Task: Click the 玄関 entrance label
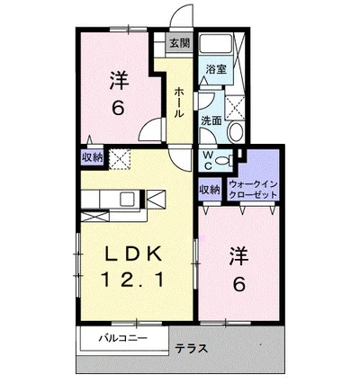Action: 180,43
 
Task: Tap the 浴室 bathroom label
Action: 216,69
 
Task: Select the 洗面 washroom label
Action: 211,120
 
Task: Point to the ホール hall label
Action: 179,102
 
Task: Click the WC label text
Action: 209,161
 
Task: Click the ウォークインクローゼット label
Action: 253,190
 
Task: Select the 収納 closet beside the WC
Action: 210,190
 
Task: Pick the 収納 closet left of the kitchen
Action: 93,157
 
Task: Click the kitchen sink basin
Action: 127,199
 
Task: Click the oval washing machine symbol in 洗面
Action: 236,131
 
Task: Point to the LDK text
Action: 133,254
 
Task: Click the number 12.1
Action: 133,280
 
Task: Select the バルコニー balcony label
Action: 123,338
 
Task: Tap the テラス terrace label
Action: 191,349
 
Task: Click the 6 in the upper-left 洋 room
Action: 118,108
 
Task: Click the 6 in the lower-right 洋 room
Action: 239,284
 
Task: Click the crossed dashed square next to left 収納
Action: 120,159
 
